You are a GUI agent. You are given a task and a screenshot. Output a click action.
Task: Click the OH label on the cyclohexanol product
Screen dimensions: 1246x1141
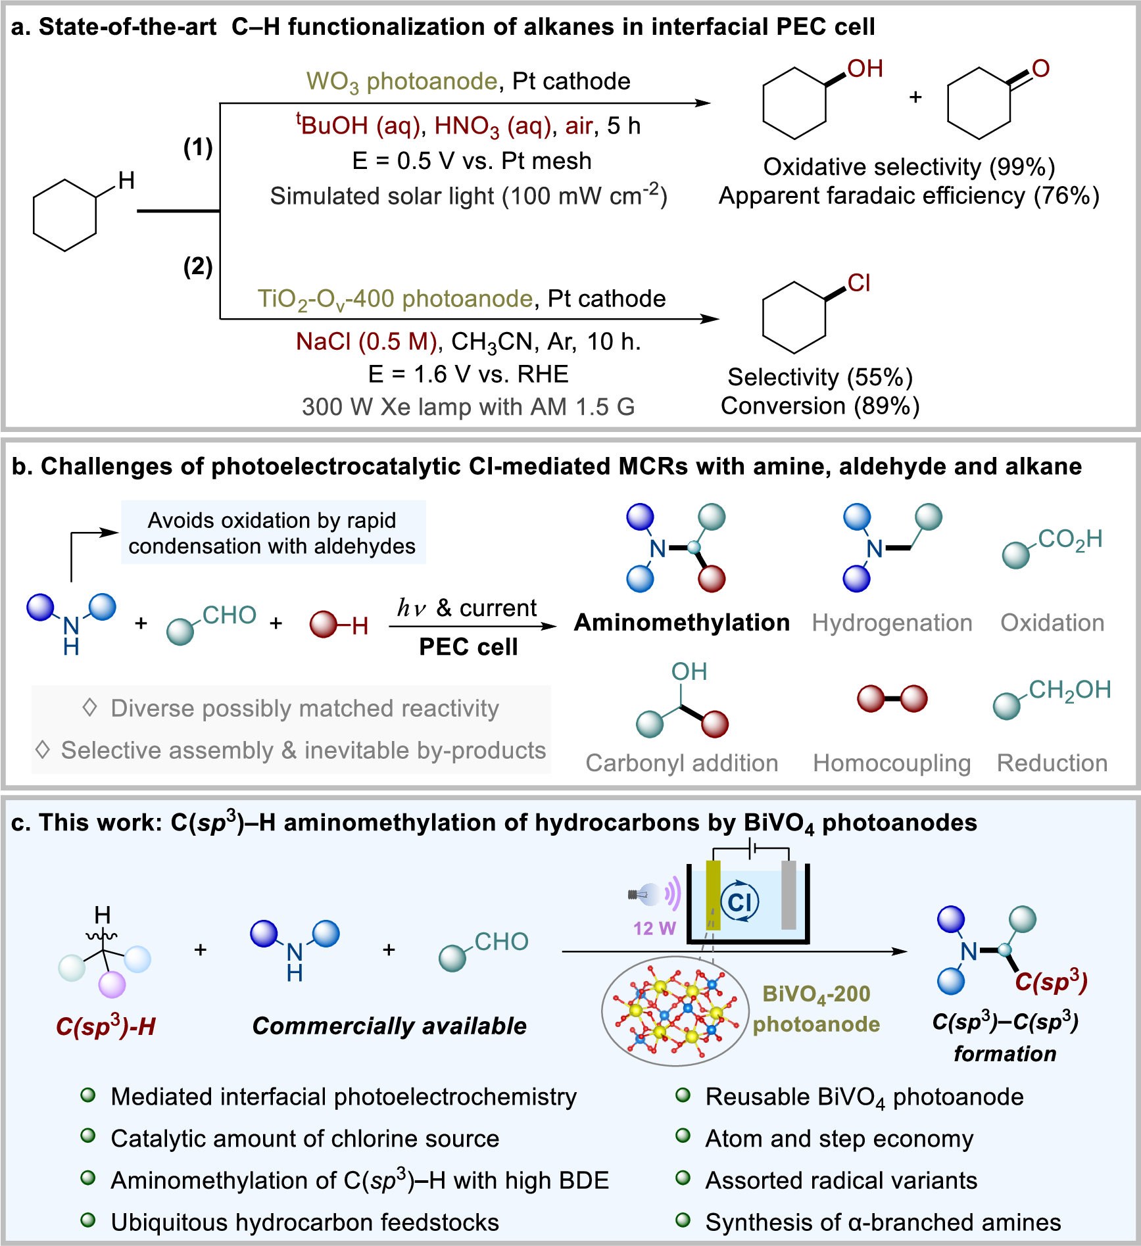[864, 68]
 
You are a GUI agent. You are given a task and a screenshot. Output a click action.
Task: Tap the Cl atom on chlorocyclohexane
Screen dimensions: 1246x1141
[859, 283]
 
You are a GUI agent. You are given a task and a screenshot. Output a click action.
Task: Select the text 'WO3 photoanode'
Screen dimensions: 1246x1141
[401, 82]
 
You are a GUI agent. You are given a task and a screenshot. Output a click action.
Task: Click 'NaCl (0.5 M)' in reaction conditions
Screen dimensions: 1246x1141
[366, 341]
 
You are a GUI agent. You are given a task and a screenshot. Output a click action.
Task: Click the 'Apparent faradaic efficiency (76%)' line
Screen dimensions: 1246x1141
[909, 196]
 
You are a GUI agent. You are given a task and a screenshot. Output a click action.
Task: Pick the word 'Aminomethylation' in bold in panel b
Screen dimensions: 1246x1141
[681, 622]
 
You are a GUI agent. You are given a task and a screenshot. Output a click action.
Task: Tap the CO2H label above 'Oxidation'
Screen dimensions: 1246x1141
[1070, 539]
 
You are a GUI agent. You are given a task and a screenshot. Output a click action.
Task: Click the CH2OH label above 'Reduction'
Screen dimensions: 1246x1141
[1069, 690]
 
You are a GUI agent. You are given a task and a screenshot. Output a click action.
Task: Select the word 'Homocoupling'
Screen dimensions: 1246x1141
[891, 763]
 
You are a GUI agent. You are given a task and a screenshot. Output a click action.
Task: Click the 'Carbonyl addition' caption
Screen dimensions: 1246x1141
[681, 763]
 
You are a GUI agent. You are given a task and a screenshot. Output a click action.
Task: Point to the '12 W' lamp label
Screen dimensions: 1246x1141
[654, 928]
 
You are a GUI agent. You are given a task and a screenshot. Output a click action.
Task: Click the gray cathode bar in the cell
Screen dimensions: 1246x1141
[789, 894]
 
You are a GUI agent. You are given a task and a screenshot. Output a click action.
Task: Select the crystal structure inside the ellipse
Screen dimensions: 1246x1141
[675, 1011]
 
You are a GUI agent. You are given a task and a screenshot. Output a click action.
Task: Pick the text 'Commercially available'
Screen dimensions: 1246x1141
[389, 1026]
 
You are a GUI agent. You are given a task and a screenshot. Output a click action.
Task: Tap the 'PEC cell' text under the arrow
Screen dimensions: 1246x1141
[468, 647]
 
